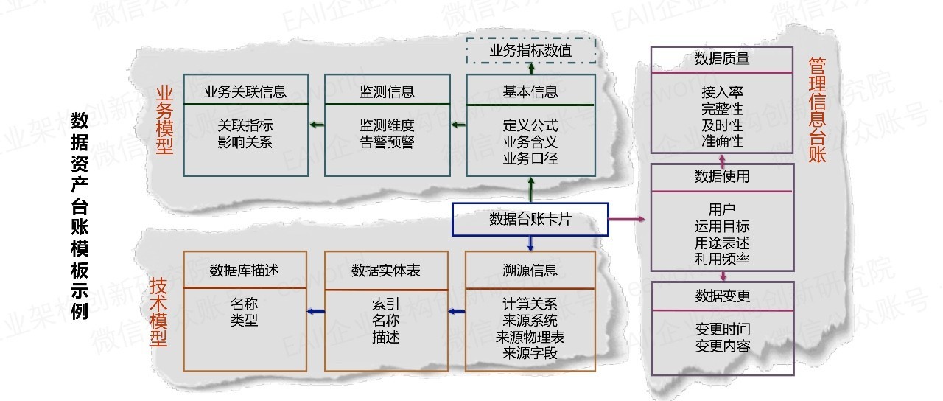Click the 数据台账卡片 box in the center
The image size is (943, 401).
click(x=530, y=220)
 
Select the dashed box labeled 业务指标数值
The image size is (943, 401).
click(x=530, y=51)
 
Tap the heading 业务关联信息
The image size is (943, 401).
click(x=245, y=92)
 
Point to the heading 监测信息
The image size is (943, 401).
click(x=387, y=92)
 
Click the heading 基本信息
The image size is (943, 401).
click(x=530, y=92)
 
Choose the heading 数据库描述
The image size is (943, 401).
click(x=245, y=270)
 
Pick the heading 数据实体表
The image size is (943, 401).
click(x=387, y=270)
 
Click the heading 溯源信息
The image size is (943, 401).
click(x=530, y=270)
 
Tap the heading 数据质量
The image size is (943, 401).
click(x=722, y=59)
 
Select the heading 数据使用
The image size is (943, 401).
click(x=722, y=177)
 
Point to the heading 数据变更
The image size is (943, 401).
click(x=722, y=296)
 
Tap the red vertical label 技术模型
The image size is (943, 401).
click(x=158, y=311)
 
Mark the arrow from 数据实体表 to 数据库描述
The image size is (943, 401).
click(x=315, y=312)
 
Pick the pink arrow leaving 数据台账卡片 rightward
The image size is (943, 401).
click(x=628, y=220)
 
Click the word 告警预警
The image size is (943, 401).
click(x=387, y=141)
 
